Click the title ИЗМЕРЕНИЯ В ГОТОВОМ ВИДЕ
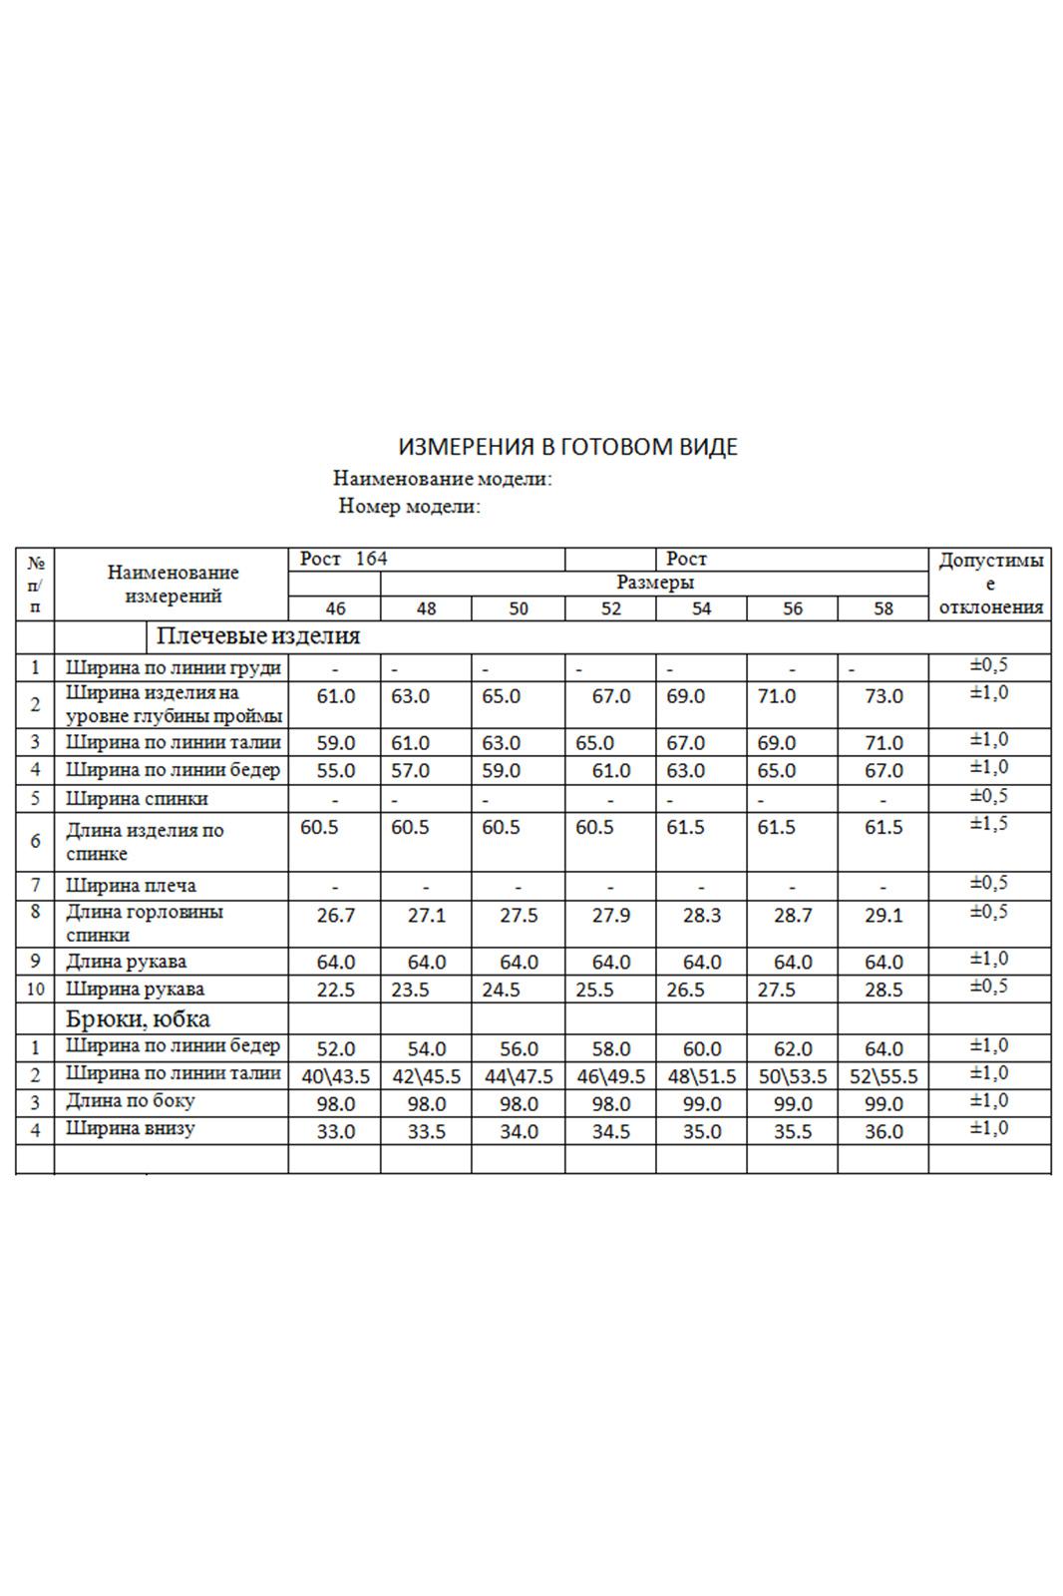point(567,447)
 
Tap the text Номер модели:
point(409,507)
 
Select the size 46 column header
point(335,608)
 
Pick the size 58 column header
point(883,608)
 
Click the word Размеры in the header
point(654,583)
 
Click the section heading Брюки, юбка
point(138,1019)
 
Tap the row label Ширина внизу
point(130,1129)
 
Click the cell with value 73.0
point(883,696)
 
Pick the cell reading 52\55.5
point(883,1077)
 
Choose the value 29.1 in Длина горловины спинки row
point(883,916)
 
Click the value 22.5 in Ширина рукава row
point(335,991)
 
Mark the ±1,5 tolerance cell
point(989,824)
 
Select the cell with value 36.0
point(883,1132)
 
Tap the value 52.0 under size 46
point(335,1049)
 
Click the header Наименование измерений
point(173,585)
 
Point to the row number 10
point(35,990)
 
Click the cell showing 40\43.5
point(335,1077)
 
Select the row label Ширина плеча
point(131,886)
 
